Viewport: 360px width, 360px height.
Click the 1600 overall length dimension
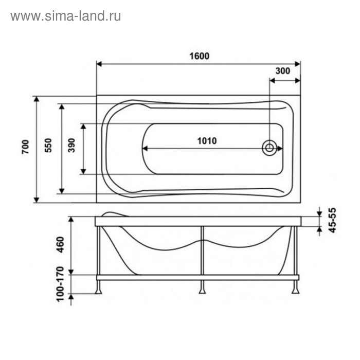point(199,57)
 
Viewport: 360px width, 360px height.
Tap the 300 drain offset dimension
point(283,71)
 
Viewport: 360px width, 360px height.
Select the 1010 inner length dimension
point(207,141)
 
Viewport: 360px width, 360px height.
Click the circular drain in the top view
point(269,149)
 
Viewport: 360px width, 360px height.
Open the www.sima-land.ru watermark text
point(66,16)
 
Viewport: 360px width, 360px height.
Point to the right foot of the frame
point(296,291)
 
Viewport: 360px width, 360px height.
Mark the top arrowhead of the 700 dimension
point(37,99)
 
